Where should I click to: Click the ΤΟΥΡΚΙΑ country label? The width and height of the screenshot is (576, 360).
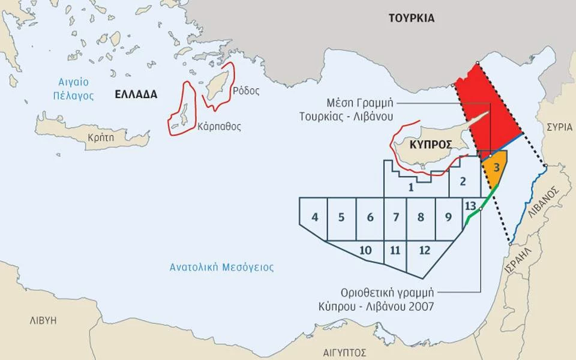[411, 18]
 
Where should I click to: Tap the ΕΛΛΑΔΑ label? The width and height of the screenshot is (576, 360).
[136, 94]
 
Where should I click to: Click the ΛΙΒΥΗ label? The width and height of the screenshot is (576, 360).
[43, 320]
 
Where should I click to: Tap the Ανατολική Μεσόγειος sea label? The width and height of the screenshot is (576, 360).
[221, 268]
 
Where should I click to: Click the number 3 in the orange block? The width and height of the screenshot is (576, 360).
[497, 167]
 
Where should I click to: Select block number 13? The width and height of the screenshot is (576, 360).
[470, 206]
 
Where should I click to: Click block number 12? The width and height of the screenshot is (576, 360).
[425, 250]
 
